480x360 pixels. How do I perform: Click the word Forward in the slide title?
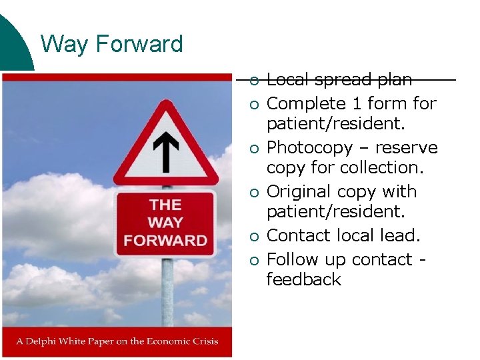click(x=139, y=44)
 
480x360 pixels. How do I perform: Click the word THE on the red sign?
click(x=165, y=205)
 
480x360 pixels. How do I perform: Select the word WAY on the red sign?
click(x=165, y=223)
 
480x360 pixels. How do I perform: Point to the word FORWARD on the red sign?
click(x=165, y=240)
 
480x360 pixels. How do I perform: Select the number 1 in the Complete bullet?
click(x=357, y=103)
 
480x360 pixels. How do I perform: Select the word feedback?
click(x=303, y=279)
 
